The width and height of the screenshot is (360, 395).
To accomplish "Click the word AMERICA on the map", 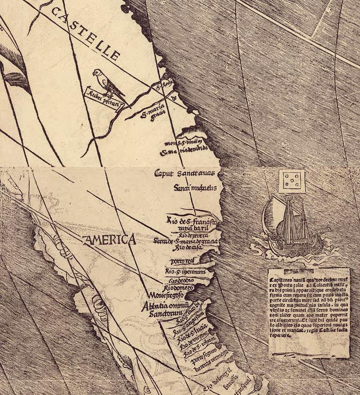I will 109,240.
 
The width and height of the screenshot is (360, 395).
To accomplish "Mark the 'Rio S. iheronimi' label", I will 185,272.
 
